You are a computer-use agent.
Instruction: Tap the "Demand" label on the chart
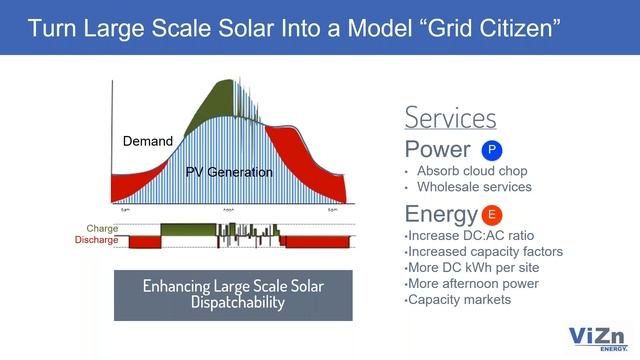tap(147, 141)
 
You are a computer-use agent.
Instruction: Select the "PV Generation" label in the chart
tap(229, 172)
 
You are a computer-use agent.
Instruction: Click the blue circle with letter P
tap(491, 150)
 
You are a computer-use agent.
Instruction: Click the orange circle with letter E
tap(491, 215)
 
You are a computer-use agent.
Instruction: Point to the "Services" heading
tap(450, 117)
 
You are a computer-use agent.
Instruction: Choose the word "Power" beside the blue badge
tap(438, 150)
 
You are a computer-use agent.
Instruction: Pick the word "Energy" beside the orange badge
tap(440, 214)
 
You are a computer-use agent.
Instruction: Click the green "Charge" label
tap(102, 229)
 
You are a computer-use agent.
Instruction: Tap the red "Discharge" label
tap(96, 240)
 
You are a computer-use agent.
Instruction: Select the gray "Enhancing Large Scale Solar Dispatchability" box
tap(233, 294)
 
